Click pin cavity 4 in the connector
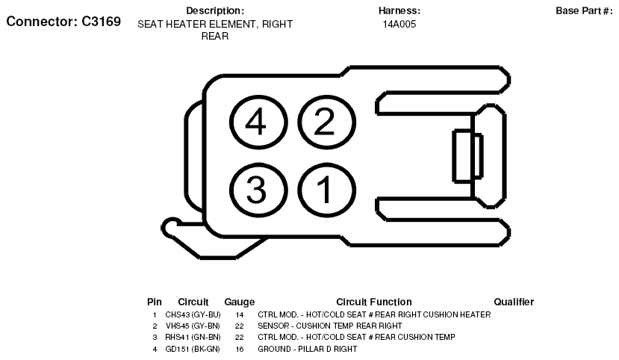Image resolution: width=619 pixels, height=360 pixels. (258, 122)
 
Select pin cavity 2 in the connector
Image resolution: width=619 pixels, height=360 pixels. (326, 122)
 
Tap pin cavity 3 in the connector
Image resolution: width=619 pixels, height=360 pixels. (258, 190)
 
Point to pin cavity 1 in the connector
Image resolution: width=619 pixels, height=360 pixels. (326, 190)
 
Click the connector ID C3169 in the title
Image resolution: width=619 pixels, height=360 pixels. (101, 22)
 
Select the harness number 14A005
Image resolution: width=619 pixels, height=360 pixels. (399, 24)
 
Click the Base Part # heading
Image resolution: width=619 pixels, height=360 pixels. (584, 10)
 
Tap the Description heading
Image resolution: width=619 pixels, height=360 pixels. (215, 10)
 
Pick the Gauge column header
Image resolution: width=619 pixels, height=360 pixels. (239, 302)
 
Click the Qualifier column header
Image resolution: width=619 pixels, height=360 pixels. (514, 302)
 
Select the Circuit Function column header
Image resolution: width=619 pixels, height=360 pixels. (374, 302)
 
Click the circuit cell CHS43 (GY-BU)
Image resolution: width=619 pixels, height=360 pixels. (193, 314)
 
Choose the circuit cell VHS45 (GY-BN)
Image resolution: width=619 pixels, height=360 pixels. (193, 326)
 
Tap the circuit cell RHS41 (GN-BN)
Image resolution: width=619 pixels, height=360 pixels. (193, 337)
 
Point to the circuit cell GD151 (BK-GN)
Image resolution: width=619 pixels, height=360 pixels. (193, 349)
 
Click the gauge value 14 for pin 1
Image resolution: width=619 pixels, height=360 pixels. (239, 315)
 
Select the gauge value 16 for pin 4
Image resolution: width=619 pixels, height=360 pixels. (239, 350)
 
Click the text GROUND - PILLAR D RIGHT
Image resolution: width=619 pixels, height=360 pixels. (308, 349)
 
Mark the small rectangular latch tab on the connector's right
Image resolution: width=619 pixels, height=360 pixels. (467, 156)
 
